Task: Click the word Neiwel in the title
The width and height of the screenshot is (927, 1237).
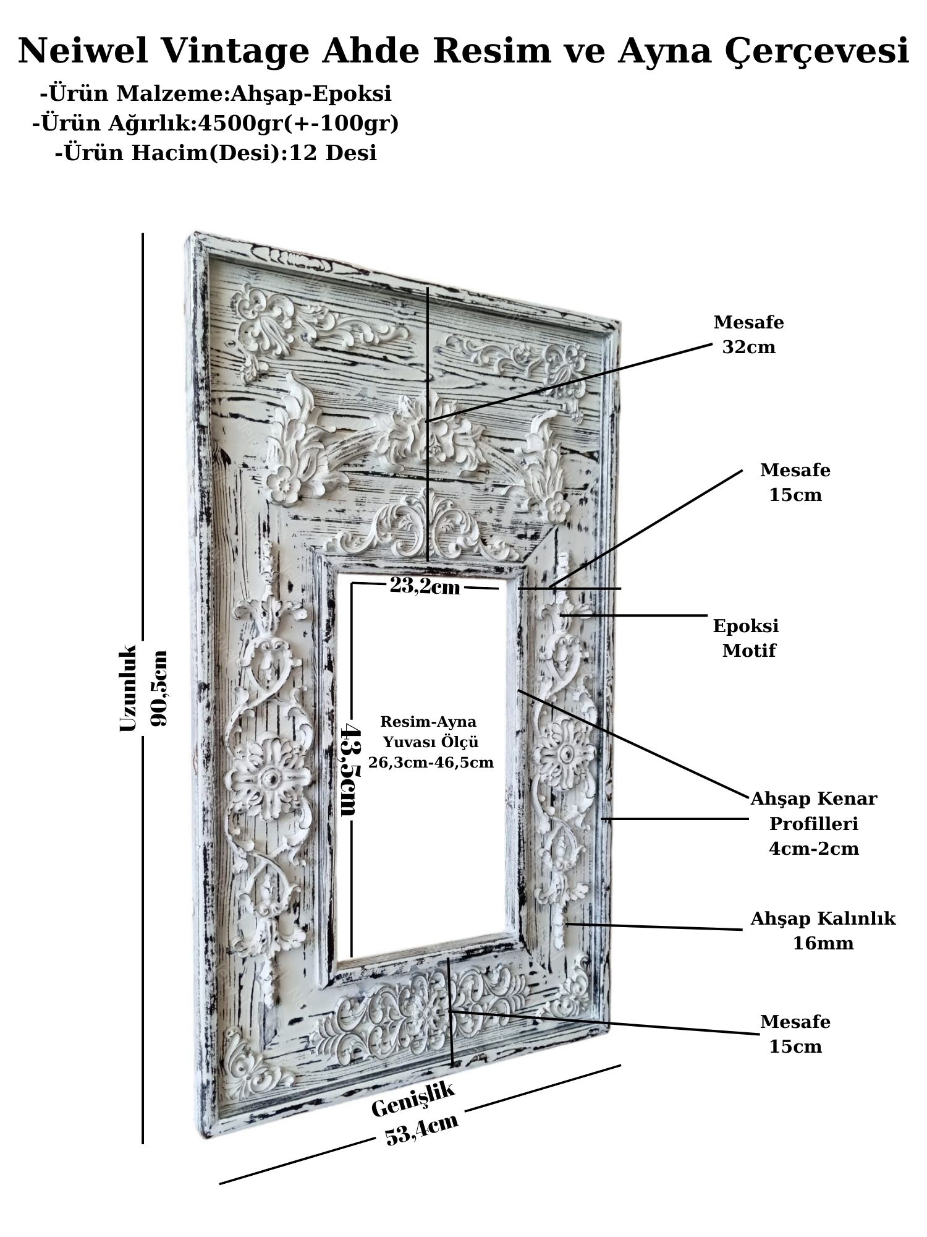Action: tap(83, 51)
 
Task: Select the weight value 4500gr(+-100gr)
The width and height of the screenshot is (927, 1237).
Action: tap(297, 124)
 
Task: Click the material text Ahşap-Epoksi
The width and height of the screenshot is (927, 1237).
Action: tap(311, 94)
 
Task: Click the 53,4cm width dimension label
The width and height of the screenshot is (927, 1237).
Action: tap(421, 1129)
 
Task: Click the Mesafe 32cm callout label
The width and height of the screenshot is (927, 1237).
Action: tap(748, 335)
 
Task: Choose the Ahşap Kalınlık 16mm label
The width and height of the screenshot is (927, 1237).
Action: tap(823, 930)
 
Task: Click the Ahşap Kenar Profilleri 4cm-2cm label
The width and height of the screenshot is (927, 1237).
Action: tap(813, 823)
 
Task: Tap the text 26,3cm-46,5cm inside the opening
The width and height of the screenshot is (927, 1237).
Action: tap(431, 763)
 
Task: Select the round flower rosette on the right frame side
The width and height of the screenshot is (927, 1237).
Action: tap(564, 753)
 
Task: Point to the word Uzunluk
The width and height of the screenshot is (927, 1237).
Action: tap(127, 688)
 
